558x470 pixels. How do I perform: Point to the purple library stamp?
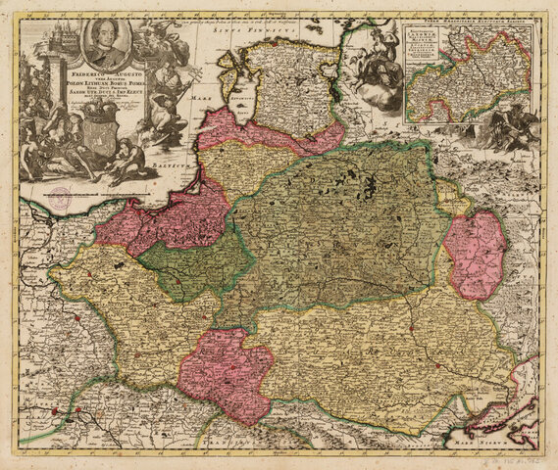[64, 196]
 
